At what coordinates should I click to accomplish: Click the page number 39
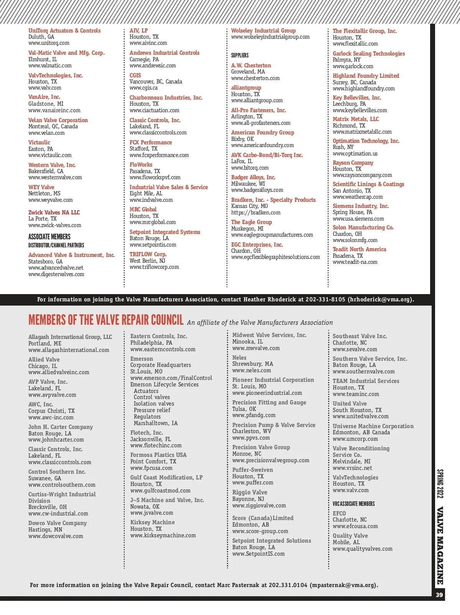coord(439,595)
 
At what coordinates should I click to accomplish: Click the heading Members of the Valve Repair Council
coord(106,320)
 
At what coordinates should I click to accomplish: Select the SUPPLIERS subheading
coord(240,56)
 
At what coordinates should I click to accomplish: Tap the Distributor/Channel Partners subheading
coord(56,245)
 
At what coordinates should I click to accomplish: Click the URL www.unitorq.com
coord(49,43)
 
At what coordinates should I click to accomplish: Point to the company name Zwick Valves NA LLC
coord(54,213)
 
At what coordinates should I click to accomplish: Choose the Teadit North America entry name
coord(359,249)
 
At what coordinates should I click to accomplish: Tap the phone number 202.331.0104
coord(288,585)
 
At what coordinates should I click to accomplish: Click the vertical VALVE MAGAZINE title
coord(440,545)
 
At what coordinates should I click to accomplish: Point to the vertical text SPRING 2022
coord(440,483)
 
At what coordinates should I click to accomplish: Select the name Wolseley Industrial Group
coord(263,31)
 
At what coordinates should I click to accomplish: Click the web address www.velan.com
coord(46,133)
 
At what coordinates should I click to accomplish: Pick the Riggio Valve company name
coord(250,492)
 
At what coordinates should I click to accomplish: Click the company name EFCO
coord(339,514)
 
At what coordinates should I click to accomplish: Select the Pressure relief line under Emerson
coord(152,410)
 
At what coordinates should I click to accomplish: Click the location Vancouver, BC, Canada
coord(156,82)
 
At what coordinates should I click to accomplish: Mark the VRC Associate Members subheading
coord(353,504)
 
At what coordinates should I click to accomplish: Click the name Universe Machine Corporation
coord(373,426)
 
